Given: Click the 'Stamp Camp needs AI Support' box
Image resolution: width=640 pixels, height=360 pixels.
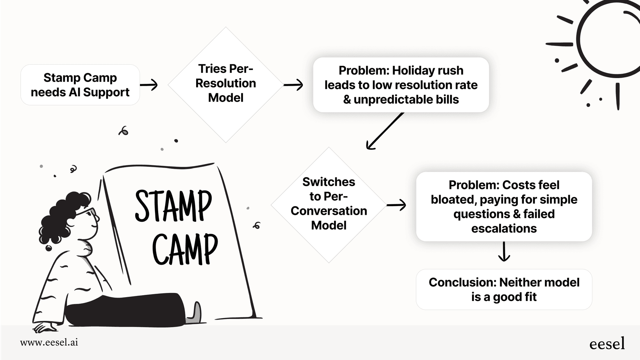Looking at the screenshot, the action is tap(80, 85).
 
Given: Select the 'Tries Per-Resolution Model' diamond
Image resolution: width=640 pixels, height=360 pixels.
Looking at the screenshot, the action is tap(226, 85).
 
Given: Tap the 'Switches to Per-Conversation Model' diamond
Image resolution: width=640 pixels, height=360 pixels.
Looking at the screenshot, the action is tap(328, 205).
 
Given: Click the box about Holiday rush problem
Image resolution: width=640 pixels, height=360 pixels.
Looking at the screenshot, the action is tap(401, 85).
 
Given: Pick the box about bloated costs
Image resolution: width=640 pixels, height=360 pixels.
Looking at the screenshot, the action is tap(504, 206).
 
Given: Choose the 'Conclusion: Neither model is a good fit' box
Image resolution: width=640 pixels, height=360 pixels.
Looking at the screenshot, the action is tap(504, 290).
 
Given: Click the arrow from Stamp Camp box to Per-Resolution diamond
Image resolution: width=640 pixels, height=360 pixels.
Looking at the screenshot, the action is tap(149, 85).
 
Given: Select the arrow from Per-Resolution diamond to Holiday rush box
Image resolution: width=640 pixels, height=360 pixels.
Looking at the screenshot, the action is tap(293, 85).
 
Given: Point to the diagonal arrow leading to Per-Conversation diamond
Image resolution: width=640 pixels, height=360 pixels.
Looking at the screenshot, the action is tap(385, 131).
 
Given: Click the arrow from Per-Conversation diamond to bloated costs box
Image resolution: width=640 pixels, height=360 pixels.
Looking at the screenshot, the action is tap(396, 205).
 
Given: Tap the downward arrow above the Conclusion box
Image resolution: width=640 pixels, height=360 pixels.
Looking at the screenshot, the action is tap(504, 252).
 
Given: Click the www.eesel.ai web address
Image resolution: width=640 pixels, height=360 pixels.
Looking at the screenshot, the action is tap(49, 342).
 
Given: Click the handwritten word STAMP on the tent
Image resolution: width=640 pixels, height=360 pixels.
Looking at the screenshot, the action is tap(173, 206).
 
